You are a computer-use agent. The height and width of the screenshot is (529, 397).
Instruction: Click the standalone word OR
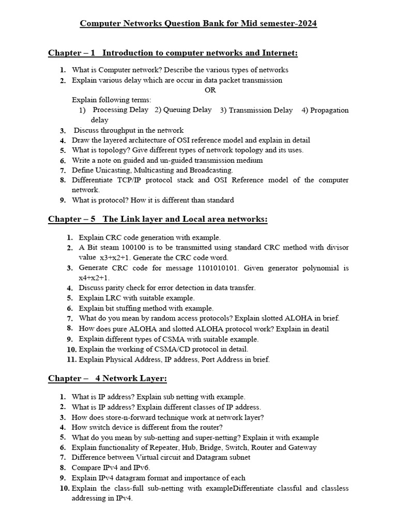tap(210, 90)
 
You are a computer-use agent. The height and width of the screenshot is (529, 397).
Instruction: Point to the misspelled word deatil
tap(318, 329)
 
